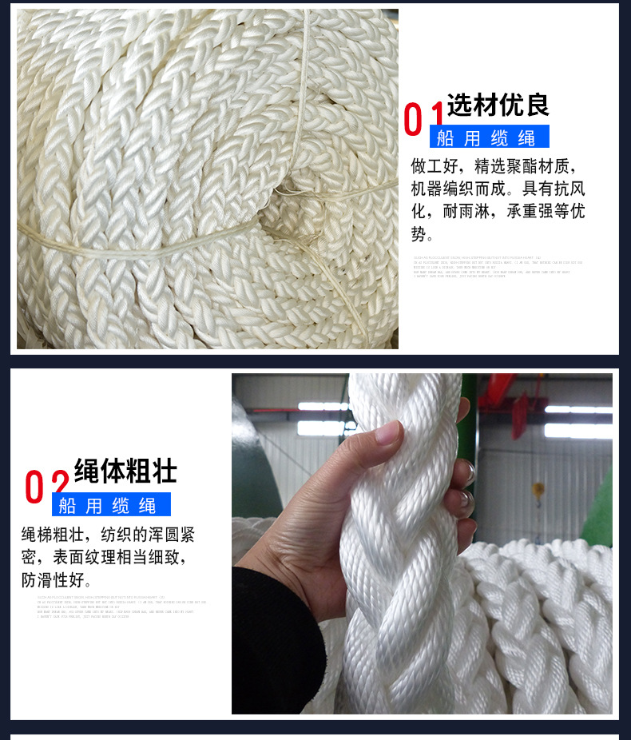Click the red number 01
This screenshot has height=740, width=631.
click(x=424, y=120)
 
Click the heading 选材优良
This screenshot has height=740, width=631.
click(x=498, y=105)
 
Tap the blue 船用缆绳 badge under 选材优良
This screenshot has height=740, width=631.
click(x=489, y=137)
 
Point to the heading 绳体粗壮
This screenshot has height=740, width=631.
click(x=125, y=471)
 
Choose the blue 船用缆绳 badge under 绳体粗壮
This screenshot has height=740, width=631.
click(x=111, y=505)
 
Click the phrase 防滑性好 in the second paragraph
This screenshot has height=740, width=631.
click(x=57, y=579)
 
